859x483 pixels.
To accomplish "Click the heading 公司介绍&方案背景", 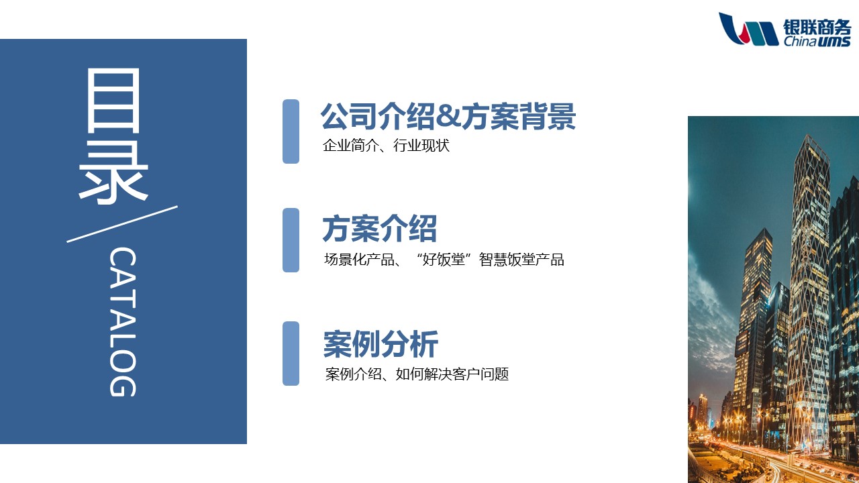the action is (448, 116).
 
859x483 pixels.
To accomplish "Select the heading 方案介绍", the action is (380, 229).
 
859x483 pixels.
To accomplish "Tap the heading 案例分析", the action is (381, 343).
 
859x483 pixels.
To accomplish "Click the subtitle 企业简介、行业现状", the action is (386, 146).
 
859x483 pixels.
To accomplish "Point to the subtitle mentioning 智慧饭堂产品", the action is (444, 260).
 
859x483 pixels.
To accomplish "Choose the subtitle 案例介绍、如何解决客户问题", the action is (417, 374).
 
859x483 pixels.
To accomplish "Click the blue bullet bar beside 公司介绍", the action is (291, 131).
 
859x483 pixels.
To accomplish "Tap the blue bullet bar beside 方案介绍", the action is (291, 240).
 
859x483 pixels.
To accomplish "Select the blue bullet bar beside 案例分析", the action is (291, 354).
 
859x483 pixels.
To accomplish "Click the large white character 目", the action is (113, 101).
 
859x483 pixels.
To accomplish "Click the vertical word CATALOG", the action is (123, 322).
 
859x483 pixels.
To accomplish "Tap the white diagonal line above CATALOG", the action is (122, 224).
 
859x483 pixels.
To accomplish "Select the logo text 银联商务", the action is (817, 27).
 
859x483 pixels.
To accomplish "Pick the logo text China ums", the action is (817, 42).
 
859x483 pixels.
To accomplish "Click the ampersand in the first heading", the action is (448, 117).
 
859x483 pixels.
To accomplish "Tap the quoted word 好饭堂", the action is (444, 260).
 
